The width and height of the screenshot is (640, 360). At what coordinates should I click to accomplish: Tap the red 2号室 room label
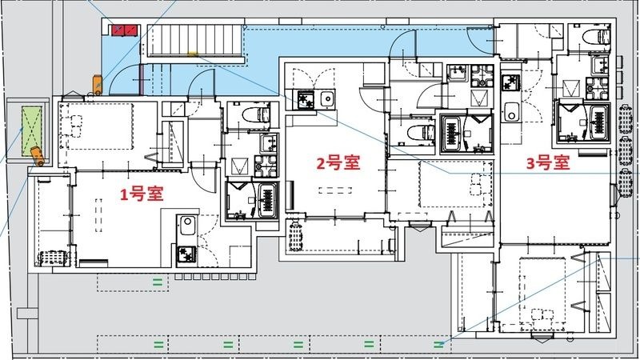pos(337,164)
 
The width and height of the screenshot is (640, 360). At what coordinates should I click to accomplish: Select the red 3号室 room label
pos(547,163)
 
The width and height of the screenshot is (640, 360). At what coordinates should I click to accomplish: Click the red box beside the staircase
pos(124,30)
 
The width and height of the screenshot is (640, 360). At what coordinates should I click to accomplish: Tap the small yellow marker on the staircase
pos(192,54)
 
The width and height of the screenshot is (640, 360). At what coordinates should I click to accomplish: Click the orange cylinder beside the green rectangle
pos(36,153)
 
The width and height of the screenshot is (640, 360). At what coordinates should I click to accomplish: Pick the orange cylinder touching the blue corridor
pos(96,82)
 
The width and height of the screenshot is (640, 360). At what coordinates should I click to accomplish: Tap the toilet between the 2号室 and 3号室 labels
pos(415,131)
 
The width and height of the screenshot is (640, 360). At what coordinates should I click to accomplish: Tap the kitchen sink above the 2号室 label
pos(327,99)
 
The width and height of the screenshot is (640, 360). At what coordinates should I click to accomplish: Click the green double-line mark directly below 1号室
pos(158,281)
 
